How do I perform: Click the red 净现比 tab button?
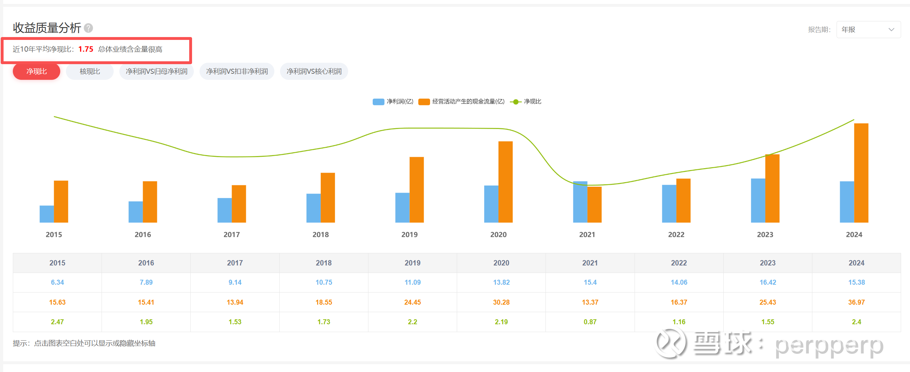click(x=36, y=71)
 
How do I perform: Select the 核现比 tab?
click(x=90, y=71)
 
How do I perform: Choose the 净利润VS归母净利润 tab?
click(x=156, y=71)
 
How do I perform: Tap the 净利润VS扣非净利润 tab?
click(x=237, y=71)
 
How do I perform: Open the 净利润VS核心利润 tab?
click(x=314, y=71)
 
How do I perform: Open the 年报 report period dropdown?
click(x=868, y=30)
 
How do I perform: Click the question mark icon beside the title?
click(x=88, y=28)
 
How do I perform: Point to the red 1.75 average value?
click(x=86, y=49)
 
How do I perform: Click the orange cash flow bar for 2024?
click(x=861, y=173)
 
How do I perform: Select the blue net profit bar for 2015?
click(x=47, y=214)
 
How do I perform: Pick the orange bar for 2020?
click(x=505, y=182)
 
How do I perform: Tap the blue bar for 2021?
click(x=580, y=202)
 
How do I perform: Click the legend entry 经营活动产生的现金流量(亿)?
click(x=462, y=102)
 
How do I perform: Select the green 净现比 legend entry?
click(x=526, y=102)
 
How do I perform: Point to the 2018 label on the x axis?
click(x=320, y=234)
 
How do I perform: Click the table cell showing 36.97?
click(x=856, y=302)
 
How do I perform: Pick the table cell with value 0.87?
click(x=590, y=322)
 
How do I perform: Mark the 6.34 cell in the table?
click(x=57, y=282)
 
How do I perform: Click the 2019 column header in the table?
click(x=412, y=263)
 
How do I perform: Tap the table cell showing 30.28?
click(x=501, y=302)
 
